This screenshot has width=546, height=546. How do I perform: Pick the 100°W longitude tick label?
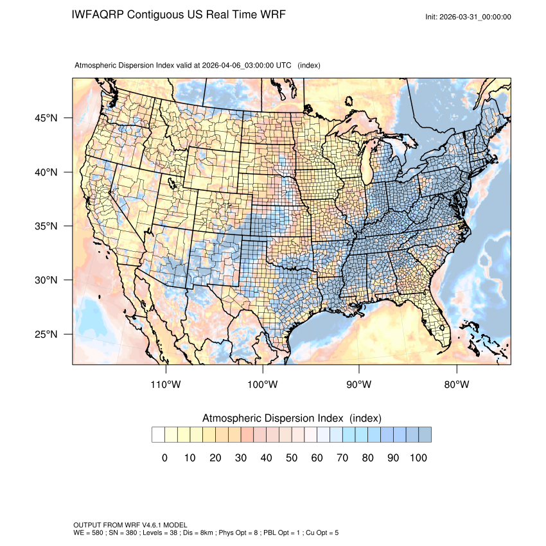coord(263,385)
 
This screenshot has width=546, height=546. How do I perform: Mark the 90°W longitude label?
coord(359,385)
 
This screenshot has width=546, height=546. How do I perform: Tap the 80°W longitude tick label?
coord(456,385)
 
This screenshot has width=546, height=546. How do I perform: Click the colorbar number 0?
coord(164,457)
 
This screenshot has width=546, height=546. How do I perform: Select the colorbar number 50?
coord(291,457)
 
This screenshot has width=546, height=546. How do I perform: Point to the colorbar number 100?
coord(418,457)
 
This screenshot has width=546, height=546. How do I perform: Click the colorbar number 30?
coord(240,457)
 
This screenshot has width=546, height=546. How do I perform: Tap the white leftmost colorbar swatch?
coord(158,435)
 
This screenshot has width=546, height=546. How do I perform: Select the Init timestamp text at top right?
coord(468,17)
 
